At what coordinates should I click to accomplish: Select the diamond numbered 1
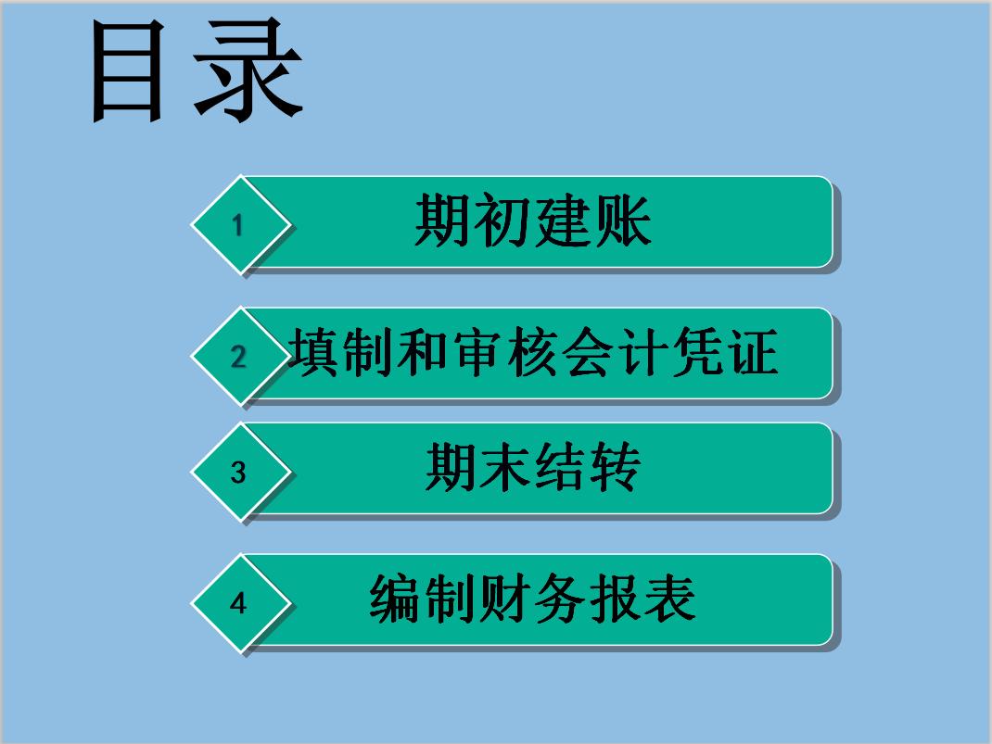(x=239, y=225)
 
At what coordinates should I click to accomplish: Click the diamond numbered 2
(x=239, y=357)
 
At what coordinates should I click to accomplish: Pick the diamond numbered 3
(x=239, y=473)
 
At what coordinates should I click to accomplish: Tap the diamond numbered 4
(x=239, y=603)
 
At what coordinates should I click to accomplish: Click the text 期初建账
(x=533, y=221)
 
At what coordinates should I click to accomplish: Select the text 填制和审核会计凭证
(x=532, y=353)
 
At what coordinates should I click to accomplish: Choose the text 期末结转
(x=533, y=468)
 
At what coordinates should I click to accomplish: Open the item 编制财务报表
(x=533, y=599)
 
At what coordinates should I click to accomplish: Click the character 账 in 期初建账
(x=623, y=221)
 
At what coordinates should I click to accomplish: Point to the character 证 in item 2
(x=751, y=353)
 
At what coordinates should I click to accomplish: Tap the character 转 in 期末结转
(x=614, y=468)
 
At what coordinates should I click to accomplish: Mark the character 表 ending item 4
(x=669, y=599)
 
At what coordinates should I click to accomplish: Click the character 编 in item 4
(x=397, y=599)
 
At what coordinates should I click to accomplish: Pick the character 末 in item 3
(x=506, y=468)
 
